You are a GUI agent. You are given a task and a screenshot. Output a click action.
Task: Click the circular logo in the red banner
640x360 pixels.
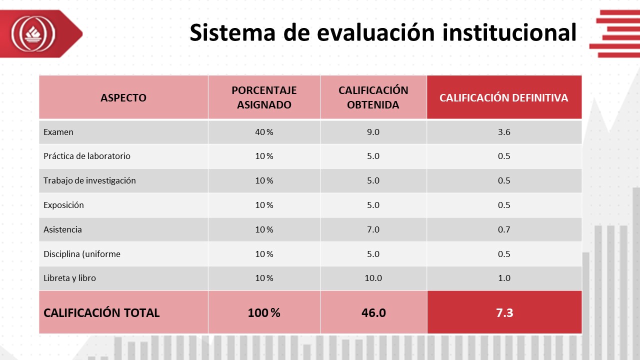[33, 33]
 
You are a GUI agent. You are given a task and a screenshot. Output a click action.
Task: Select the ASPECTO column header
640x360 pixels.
[123, 97]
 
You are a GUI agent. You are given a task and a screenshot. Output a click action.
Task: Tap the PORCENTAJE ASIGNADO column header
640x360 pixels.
[264, 97]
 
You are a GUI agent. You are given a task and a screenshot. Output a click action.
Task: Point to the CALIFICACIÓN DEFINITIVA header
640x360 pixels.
[504, 97]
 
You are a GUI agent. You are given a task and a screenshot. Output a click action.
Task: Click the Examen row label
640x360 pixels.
[58, 132]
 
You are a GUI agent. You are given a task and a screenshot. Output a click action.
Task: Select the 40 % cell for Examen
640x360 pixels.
[264, 132]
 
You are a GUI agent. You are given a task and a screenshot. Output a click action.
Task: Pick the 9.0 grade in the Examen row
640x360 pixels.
[373, 132]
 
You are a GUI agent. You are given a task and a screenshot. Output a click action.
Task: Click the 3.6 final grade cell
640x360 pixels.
[504, 132]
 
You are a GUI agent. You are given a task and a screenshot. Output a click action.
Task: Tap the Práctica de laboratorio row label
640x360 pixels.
[87, 156]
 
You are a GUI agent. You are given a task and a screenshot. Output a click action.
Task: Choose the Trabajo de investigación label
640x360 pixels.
[89, 180]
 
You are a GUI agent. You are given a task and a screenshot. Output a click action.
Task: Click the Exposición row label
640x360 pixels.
[63, 205]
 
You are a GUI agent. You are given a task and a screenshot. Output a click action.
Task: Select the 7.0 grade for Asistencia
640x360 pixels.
[373, 229]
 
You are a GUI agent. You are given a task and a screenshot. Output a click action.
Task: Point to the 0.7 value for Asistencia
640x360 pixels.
[504, 229]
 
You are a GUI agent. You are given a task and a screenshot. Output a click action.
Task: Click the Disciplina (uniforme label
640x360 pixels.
[82, 254]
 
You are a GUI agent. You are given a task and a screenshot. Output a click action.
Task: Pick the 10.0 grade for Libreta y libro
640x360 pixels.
[373, 278]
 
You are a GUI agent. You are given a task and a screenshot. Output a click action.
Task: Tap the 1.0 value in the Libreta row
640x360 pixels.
[504, 278]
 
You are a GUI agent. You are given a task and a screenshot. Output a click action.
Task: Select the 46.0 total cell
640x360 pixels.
[373, 313]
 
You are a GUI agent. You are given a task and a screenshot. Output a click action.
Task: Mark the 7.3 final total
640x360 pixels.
[504, 313]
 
